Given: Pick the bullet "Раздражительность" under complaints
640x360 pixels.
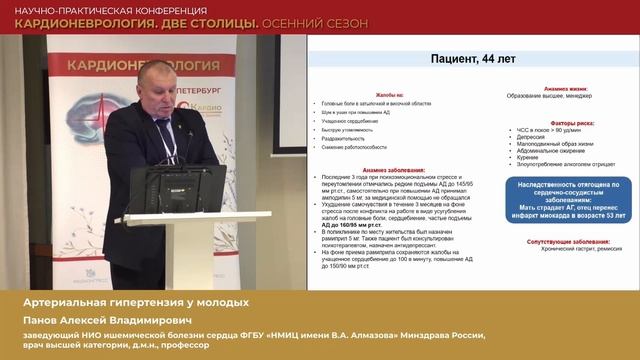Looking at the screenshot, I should [x=346, y=138].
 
